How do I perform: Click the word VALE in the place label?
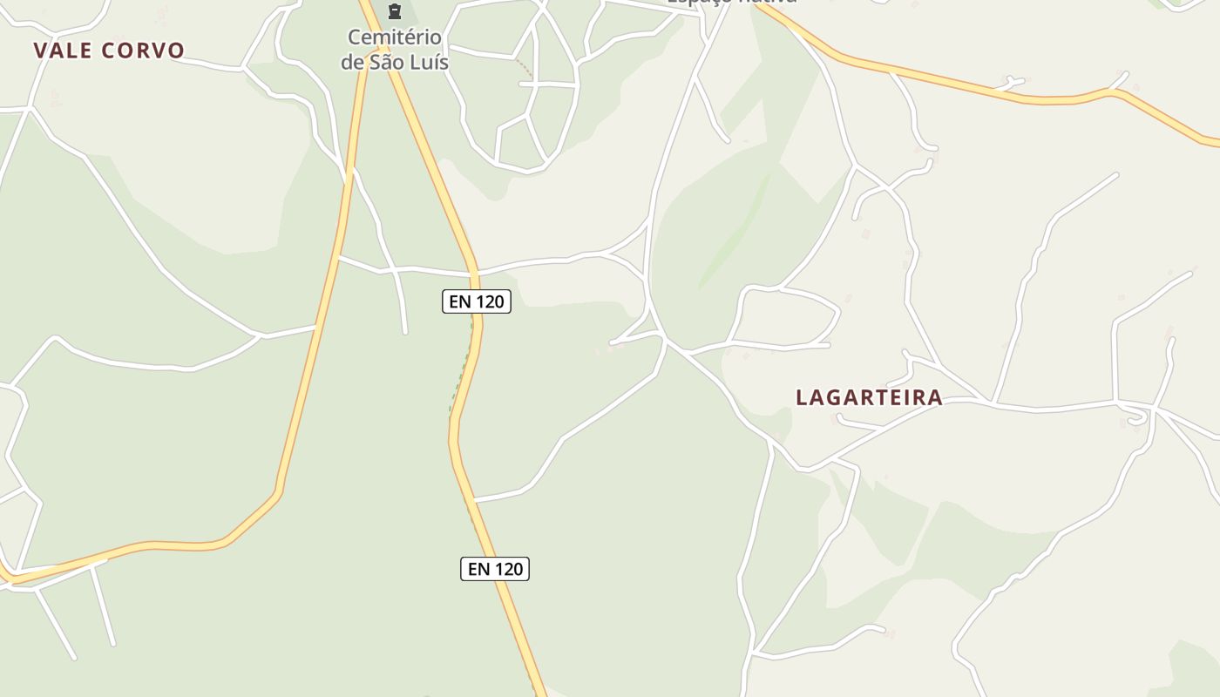point(64,51)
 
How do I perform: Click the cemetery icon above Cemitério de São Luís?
point(395,11)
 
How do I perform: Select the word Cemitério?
point(395,37)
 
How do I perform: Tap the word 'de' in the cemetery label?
point(351,62)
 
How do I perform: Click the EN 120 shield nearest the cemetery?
point(476,301)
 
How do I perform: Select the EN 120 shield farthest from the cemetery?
point(495,569)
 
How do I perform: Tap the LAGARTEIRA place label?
point(869,397)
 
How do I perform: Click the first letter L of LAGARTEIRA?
point(802,397)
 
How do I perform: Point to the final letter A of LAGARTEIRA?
point(935,397)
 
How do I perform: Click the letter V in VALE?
point(40,51)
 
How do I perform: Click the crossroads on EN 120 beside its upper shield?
point(476,274)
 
